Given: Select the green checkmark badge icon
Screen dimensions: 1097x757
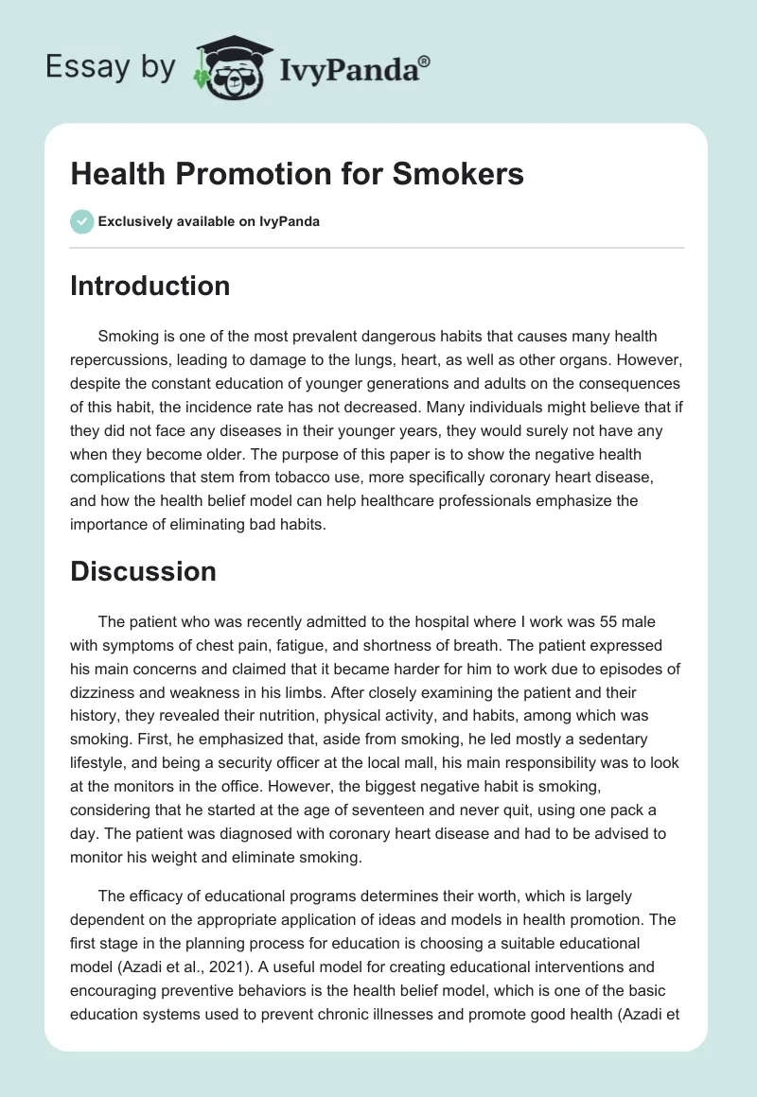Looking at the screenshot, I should (x=81, y=221).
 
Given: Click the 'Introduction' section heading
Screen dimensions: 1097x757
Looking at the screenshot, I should (x=150, y=287).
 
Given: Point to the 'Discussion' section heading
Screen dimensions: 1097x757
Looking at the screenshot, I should (x=143, y=571).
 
